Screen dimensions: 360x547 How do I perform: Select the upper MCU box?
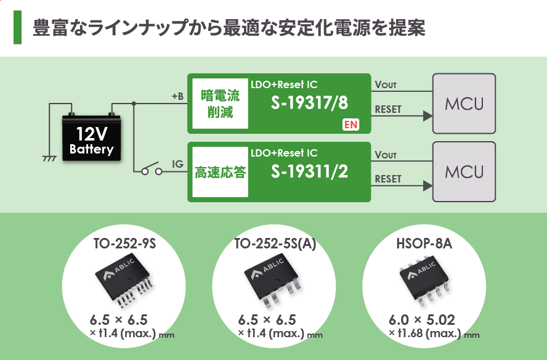[x=464, y=104]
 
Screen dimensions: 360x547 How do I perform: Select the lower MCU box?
[x=464, y=171]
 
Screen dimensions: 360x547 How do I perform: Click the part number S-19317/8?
[x=309, y=104]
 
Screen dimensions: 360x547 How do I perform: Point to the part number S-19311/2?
[x=309, y=171]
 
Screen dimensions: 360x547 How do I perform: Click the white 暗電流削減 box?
[x=220, y=104]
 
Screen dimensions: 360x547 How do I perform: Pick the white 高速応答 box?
[x=220, y=172]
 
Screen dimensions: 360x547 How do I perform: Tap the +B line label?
[x=177, y=96]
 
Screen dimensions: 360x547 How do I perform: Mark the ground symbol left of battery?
[x=49, y=158]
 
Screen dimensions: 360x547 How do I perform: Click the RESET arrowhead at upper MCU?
[x=426, y=115]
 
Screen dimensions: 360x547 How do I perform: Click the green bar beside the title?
[x=17, y=27]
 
